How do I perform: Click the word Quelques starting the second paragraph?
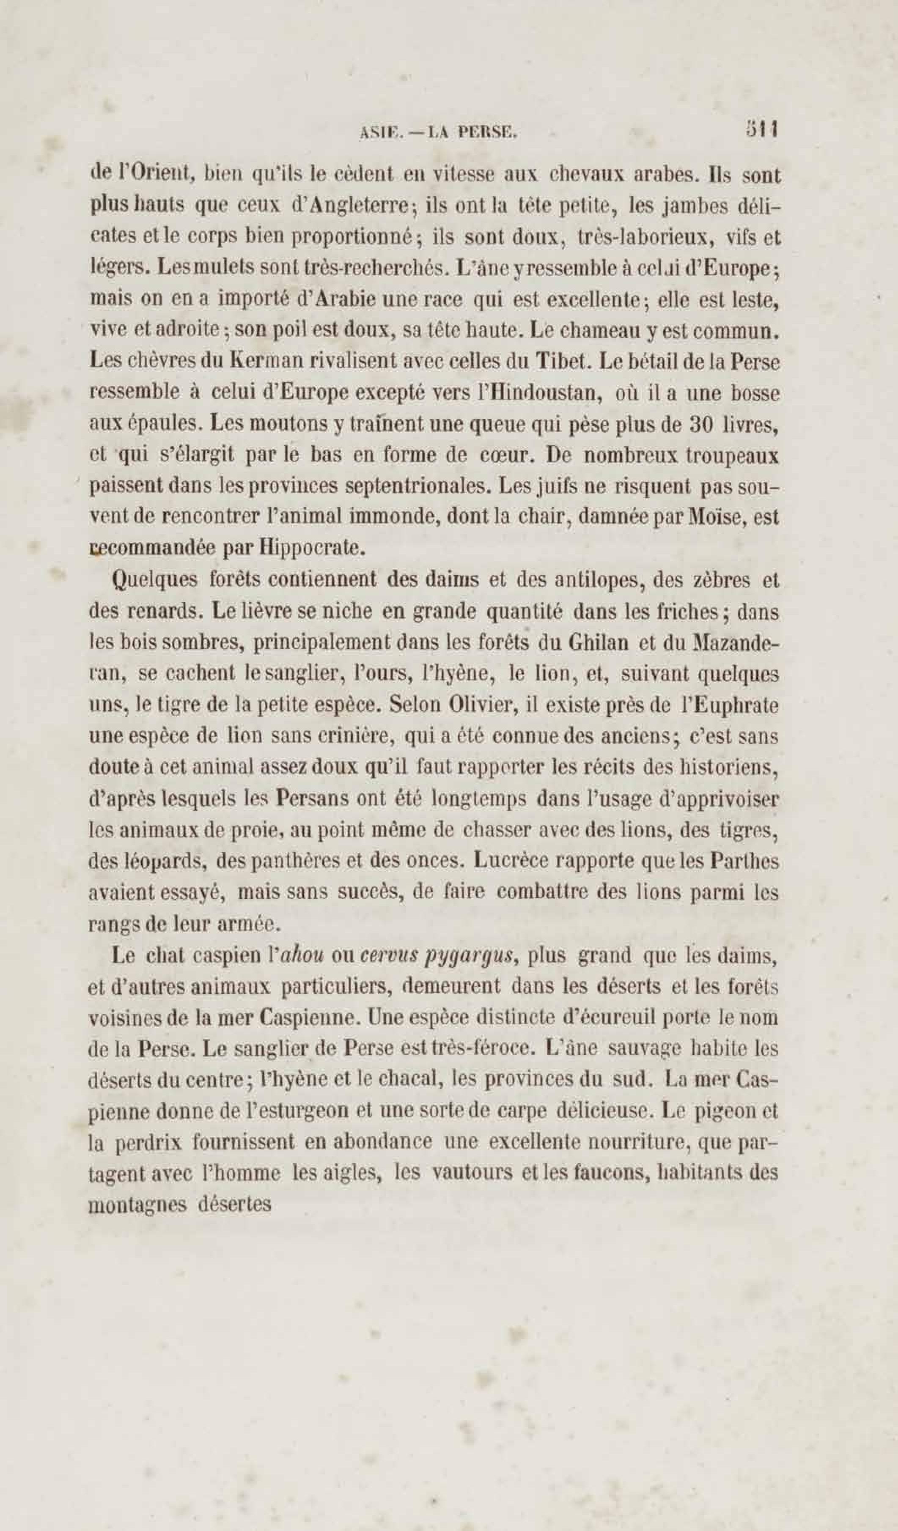click(x=155, y=581)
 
